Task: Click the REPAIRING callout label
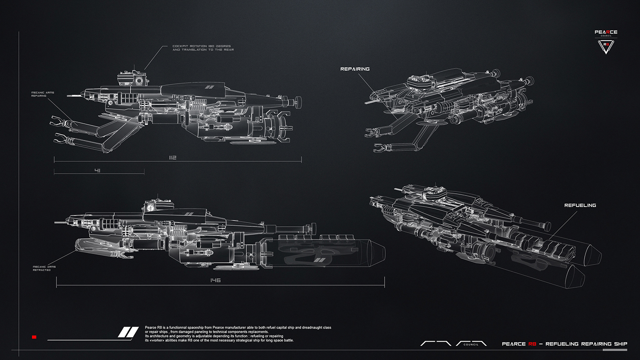[x=355, y=69]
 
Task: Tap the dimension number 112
[x=172, y=158]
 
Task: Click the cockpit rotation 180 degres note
[x=203, y=48]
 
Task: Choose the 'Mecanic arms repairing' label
[x=43, y=94]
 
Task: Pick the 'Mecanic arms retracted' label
[x=42, y=268]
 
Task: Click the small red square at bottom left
[x=34, y=337]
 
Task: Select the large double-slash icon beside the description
[x=128, y=332]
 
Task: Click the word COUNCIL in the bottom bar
[x=471, y=344]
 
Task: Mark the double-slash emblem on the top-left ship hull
[x=210, y=87]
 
